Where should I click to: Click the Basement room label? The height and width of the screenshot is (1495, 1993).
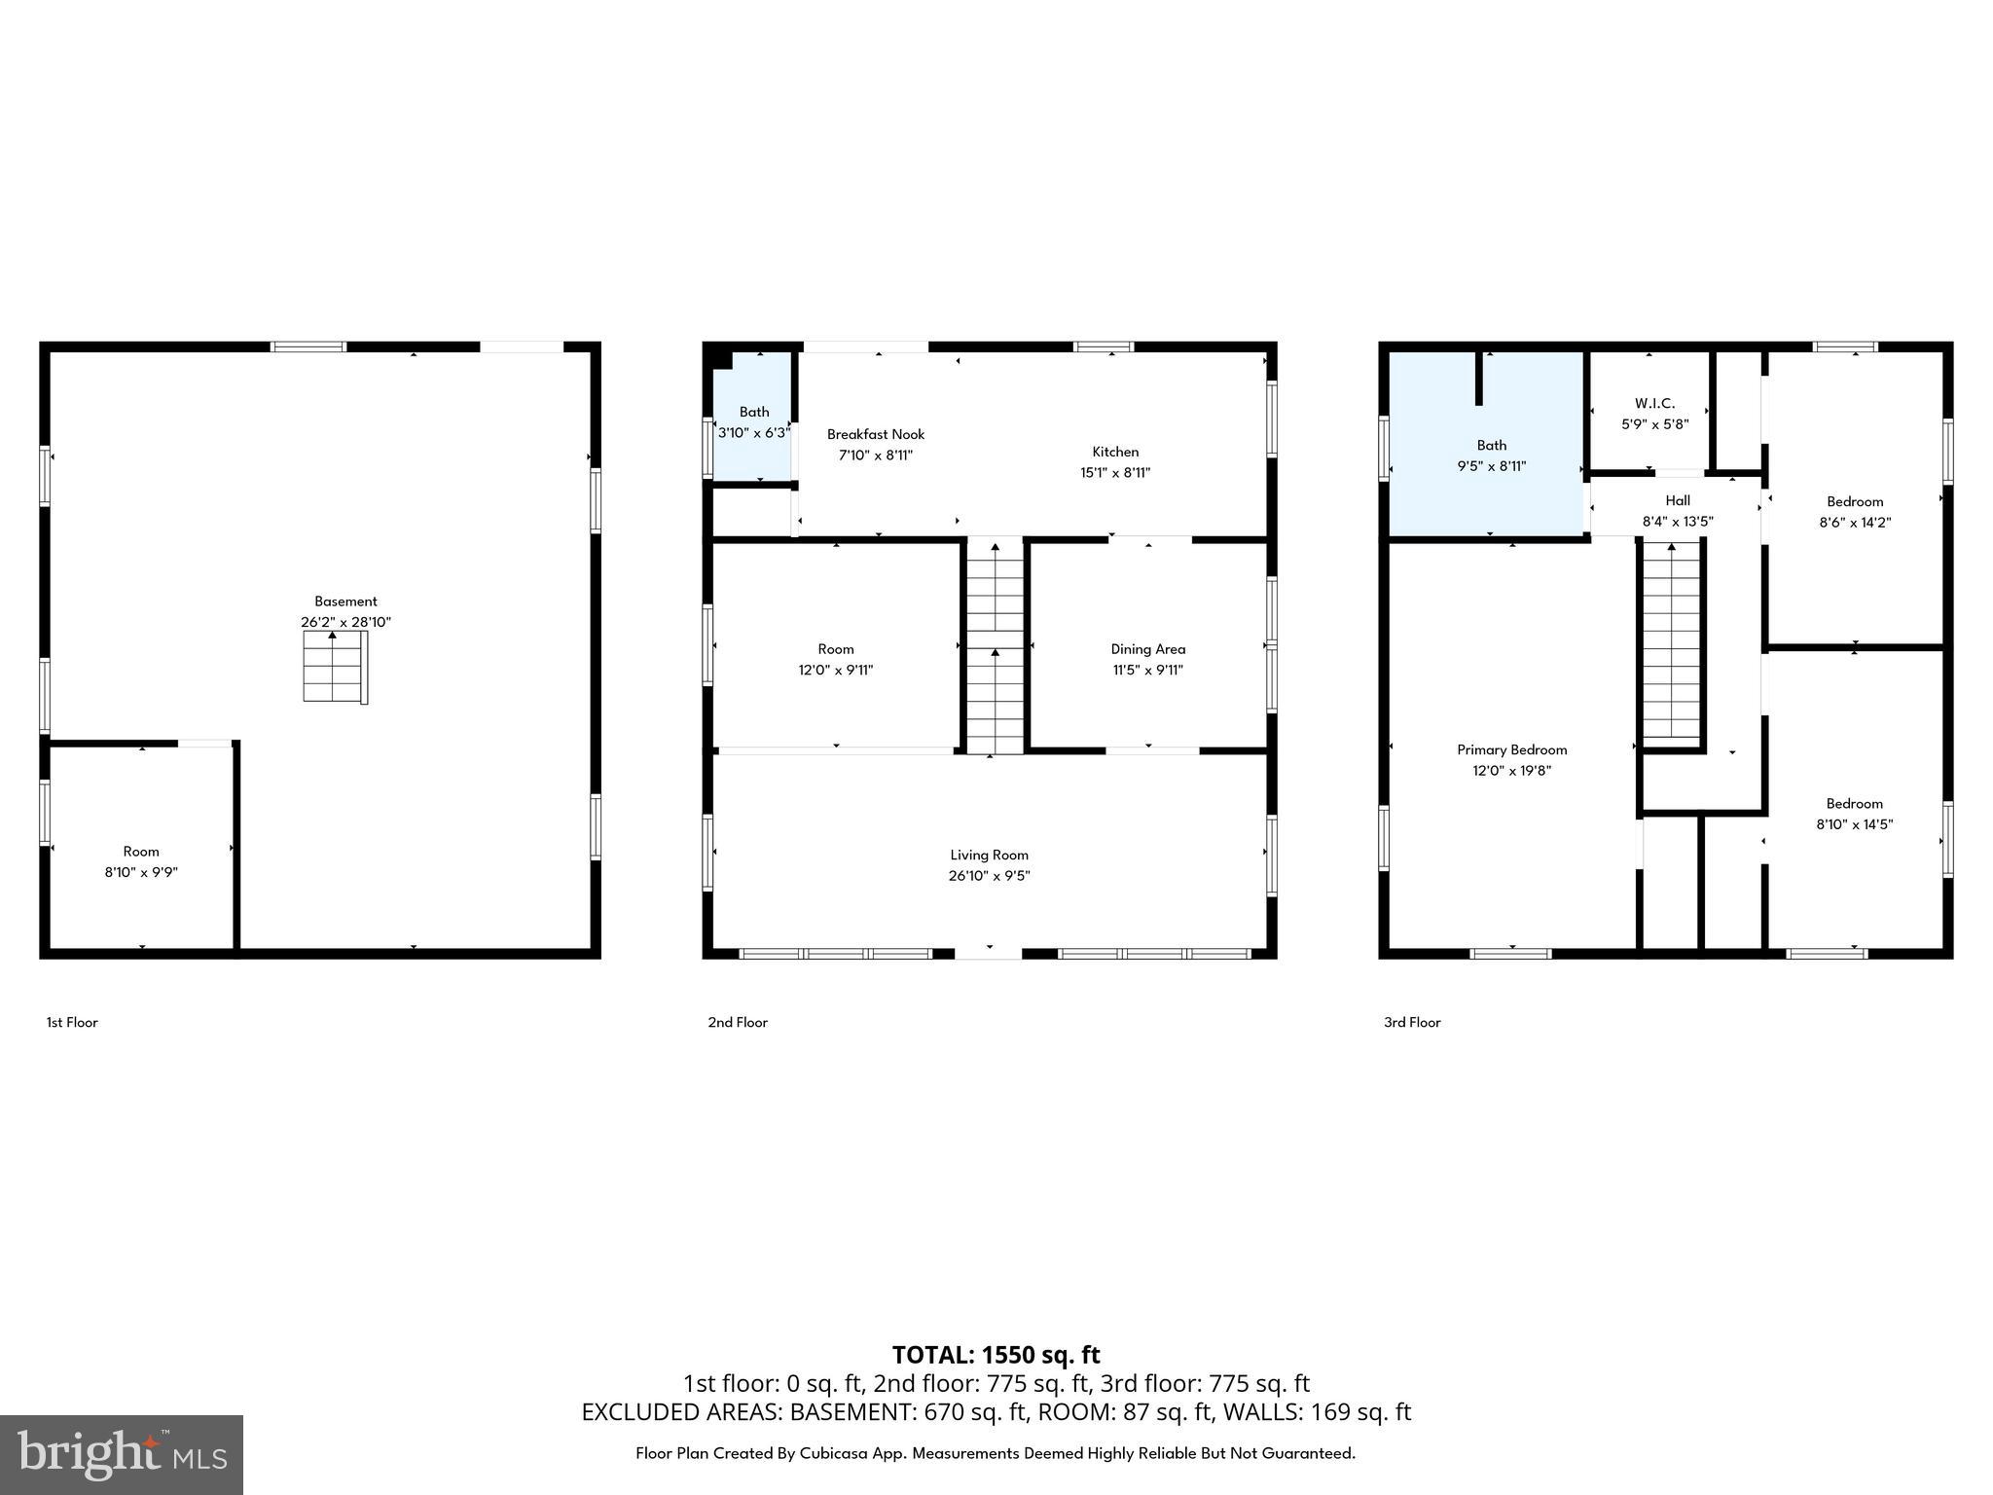point(345,602)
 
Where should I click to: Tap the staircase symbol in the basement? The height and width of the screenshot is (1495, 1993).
point(335,667)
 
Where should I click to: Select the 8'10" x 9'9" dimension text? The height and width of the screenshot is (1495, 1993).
point(141,872)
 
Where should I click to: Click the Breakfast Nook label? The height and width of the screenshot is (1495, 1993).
point(876,434)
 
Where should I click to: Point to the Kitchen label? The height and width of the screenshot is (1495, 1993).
point(1115,452)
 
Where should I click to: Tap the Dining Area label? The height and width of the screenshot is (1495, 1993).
point(1148,649)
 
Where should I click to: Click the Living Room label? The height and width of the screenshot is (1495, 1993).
point(989,855)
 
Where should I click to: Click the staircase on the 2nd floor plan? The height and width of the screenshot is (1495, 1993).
point(995,647)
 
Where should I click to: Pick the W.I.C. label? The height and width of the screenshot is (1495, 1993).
point(1654,403)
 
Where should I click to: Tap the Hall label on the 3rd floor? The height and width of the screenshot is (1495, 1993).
point(1678,500)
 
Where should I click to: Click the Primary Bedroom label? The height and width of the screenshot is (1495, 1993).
point(1511,749)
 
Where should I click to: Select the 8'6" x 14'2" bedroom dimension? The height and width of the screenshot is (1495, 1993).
point(1855,522)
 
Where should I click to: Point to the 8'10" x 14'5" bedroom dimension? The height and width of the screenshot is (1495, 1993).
point(1854,824)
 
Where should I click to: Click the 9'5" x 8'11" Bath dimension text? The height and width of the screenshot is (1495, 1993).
point(1491,466)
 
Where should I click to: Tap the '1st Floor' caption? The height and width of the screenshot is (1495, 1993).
point(72,1022)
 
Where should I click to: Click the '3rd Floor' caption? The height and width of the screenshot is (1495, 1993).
point(1412,1022)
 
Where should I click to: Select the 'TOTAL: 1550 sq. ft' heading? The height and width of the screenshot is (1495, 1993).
point(996,1355)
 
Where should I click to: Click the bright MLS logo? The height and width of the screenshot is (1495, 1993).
point(122,1454)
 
